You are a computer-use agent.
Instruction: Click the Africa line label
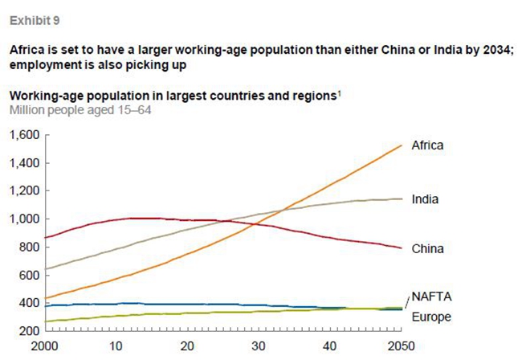(427, 145)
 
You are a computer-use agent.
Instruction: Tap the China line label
(427, 249)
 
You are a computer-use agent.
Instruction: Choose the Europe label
(430, 317)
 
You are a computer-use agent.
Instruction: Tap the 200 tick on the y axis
(30, 331)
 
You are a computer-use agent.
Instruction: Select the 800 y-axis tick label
(30, 247)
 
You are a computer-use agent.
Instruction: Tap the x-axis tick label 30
(258, 346)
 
